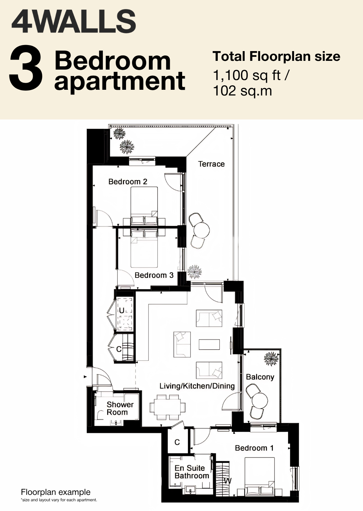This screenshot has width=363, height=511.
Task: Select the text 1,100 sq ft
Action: click(247, 75)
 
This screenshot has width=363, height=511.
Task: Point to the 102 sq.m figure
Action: click(242, 91)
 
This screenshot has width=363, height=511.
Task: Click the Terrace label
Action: click(211, 164)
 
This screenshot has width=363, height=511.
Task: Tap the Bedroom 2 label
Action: click(128, 182)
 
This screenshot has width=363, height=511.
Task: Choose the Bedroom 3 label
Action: click(154, 275)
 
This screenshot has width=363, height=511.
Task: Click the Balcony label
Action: click(260, 377)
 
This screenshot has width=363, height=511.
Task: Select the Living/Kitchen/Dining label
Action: click(197, 386)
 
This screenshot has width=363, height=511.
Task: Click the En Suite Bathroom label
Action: click(192, 472)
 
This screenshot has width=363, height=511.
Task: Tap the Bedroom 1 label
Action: click(254, 448)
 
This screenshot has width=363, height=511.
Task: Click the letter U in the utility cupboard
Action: click(122, 310)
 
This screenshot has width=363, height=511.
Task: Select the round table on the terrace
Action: click(201, 230)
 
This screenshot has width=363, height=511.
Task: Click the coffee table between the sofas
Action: click(209, 345)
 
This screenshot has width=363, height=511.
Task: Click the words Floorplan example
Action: click(56, 492)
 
